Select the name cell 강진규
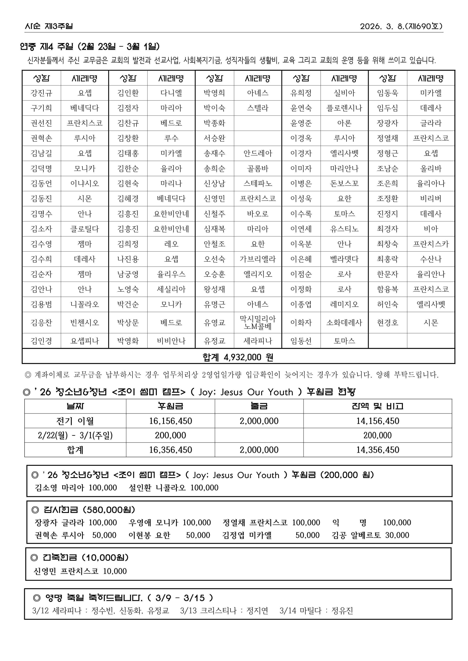[x=42, y=93]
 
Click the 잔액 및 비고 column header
[x=377, y=406]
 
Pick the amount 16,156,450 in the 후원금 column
[x=170, y=421]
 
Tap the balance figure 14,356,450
[x=377, y=450]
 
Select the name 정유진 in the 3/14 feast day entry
[x=342, y=611]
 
